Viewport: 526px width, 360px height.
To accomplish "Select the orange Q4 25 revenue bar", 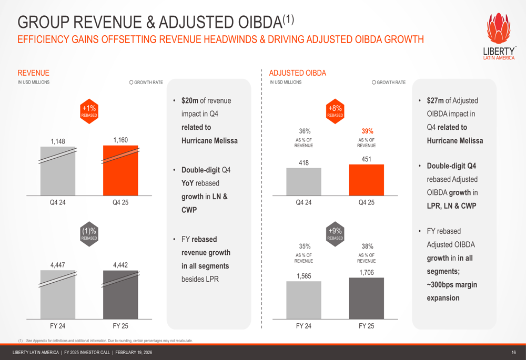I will [x=120, y=170].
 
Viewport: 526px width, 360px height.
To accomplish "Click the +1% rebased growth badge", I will [x=89, y=111].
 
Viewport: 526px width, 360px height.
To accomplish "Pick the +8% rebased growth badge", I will [x=335, y=111].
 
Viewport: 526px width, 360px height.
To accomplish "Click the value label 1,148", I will [x=58, y=141].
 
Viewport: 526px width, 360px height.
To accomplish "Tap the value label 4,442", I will [x=120, y=265].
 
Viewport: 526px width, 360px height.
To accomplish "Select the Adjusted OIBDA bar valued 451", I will [x=366, y=180].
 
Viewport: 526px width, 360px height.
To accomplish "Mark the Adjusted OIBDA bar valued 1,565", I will [x=304, y=300].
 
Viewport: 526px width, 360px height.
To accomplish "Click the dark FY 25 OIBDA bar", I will [x=366, y=297].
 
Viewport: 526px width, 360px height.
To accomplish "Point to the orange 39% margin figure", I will [x=367, y=131].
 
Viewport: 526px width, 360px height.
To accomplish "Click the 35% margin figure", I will [x=304, y=246].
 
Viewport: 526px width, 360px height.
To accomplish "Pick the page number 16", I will [x=513, y=352].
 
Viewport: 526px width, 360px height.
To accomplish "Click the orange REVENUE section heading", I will [x=33, y=73].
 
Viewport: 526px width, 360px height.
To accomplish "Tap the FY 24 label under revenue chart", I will [x=57, y=326].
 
